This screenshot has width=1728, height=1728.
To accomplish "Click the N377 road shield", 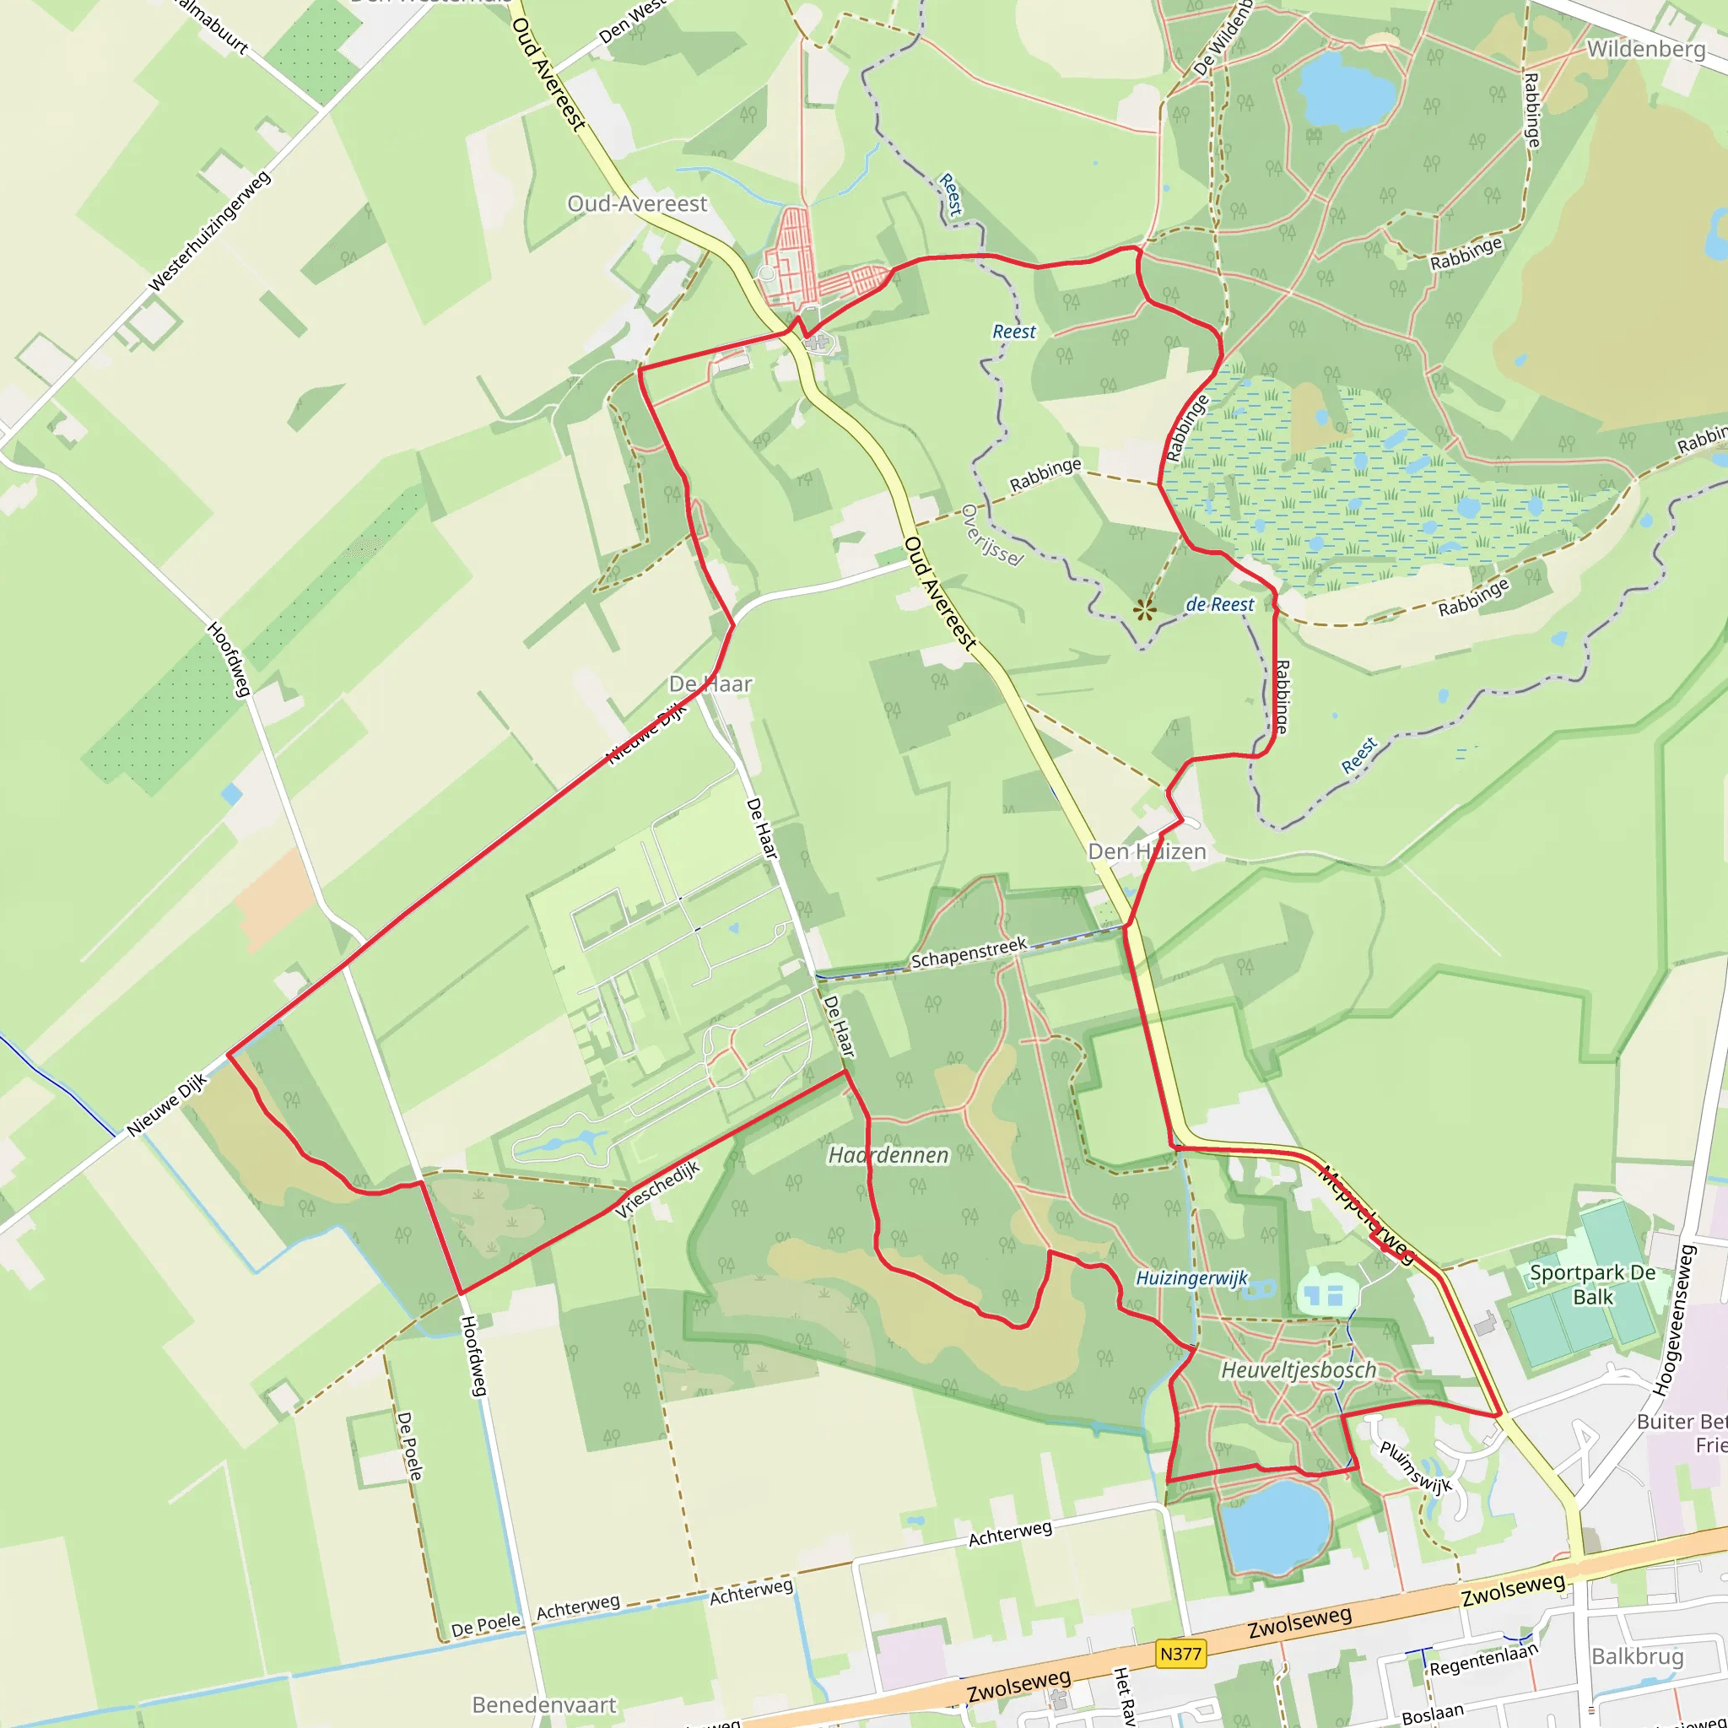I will pyautogui.click(x=1180, y=1654).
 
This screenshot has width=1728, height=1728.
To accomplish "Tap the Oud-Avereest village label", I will pyautogui.click(x=637, y=204).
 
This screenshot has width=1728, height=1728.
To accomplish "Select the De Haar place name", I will pyautogui.click(x=710, y=684).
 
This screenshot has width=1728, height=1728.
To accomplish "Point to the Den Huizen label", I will pyautogui.click(x=1147, y=851).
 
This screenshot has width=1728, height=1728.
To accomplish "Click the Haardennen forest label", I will pyautogui.click(x=888, y=1155).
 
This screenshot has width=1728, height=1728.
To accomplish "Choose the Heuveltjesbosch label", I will pyautogui.click(x=1299, y=1369).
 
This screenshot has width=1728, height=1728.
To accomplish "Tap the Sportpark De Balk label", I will pyautogui.click(x=1592, y=1284).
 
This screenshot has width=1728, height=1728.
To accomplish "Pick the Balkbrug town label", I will pyautogui.click(x=1637, y=1656).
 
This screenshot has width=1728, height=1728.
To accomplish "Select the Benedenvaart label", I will pyautogui.click(x=544, y=1704).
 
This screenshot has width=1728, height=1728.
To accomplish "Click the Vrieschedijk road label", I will pyautogui.click(x=658, y=1189).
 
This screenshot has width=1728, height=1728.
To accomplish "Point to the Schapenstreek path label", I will pyautogui.click(x=969, y=953).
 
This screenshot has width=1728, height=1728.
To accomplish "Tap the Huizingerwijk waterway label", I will pyautogui.click(x=1191, y=1277).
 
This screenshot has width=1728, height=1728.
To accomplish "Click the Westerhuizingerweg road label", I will pyautogui.click(x=209, y=232).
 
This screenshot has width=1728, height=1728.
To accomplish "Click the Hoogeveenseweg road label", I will pyautogui.click(x=1673, y=1320).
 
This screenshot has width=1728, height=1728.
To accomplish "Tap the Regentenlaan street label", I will pyautogui.click(x=1483, y=1660).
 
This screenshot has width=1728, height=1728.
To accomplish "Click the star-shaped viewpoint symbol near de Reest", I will pyautogui.click(x=1144, y=611).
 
